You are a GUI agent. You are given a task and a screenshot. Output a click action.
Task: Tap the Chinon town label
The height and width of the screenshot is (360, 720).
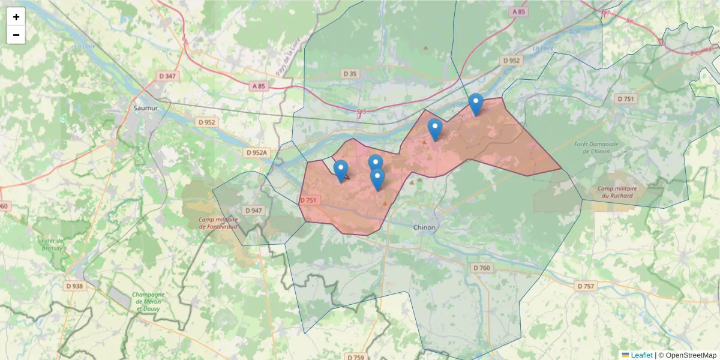[x=424, y=227]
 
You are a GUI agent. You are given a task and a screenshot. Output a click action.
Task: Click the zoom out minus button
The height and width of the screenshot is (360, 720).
[x=16, y=35]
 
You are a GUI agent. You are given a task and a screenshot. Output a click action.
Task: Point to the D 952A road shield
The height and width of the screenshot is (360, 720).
[x=256, y=153]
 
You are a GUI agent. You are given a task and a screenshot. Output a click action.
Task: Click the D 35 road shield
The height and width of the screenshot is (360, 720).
[x=350, y=73]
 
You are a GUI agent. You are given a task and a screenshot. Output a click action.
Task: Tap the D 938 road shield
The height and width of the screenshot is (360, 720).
[x=77, y=286]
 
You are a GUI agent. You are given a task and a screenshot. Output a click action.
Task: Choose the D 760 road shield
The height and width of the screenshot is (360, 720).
[x=482, y=268]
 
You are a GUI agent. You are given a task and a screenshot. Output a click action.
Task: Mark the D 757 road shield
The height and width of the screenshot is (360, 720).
[x=586, y=286]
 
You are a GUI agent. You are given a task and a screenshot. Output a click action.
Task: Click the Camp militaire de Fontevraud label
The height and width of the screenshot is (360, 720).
[x=218, y=223]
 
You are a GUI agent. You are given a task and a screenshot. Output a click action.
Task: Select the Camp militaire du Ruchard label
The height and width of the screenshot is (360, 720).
[x=617, y=192]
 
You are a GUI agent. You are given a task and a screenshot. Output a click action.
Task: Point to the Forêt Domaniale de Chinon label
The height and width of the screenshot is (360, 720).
[x=591, y=147]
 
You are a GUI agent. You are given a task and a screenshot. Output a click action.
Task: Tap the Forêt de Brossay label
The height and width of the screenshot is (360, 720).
[x=53, y=245]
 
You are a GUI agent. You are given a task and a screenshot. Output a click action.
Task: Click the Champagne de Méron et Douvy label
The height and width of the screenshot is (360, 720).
[x=148, y=301]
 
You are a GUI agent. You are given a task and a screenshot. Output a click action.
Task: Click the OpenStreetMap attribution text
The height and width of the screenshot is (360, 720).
[x=687, y=355]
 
